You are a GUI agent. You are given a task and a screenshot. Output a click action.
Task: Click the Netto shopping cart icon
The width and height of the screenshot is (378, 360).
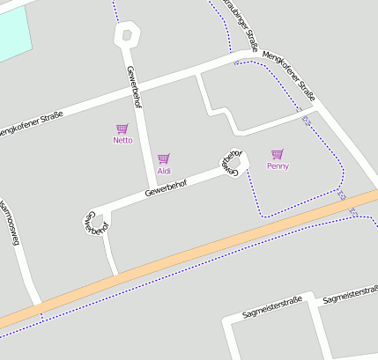122,129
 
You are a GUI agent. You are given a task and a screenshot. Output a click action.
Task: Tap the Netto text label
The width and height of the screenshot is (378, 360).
122,140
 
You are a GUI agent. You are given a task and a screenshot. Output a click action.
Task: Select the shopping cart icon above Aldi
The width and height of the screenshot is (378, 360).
163,158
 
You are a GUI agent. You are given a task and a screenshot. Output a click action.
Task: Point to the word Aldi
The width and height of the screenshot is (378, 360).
164,170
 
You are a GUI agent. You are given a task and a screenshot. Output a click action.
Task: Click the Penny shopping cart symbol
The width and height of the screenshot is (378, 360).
278,154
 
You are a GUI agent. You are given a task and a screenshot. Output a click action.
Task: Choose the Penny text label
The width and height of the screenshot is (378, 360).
278,165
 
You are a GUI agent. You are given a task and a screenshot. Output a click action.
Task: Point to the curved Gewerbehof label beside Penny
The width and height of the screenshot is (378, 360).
231,161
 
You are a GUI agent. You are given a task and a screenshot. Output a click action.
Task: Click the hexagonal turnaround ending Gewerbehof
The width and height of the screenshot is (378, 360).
127,36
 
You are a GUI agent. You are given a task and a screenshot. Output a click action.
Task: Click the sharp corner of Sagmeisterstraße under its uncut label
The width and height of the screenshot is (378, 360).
230,320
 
